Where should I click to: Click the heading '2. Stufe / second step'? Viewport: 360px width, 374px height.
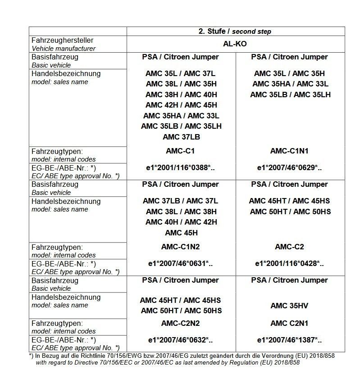pos(235,32)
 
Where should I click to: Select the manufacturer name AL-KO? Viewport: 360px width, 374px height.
pos(235,44)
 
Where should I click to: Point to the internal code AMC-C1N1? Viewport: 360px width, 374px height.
pos(289,151)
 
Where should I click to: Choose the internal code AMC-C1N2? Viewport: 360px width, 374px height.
pos(181,247)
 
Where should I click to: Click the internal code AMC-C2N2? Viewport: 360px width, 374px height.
pos(181,323)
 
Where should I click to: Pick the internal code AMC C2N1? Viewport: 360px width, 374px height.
pos(289,323)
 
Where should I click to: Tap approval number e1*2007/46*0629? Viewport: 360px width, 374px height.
pos(289,167)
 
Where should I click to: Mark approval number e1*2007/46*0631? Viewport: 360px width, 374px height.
pos(181,264)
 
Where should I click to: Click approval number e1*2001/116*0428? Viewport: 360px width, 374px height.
pos(289,264)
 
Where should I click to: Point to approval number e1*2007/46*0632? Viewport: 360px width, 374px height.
pos(181,340)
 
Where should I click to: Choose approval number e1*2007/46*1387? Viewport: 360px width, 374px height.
pos(289,340)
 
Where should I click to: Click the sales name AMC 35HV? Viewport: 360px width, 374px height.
pos(289,306)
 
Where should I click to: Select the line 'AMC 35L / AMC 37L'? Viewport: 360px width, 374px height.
pos(181,73)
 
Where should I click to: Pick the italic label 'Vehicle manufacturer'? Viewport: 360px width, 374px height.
pos(63,48)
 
